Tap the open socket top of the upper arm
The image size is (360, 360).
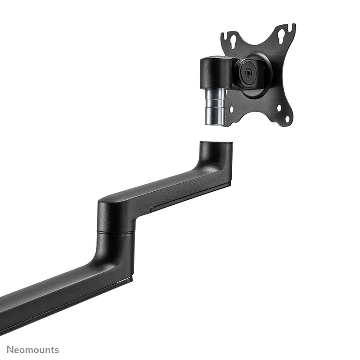click(216, 144)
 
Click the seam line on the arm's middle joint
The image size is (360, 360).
click(116, 232)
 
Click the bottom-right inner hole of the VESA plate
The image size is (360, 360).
click(279, 108)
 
